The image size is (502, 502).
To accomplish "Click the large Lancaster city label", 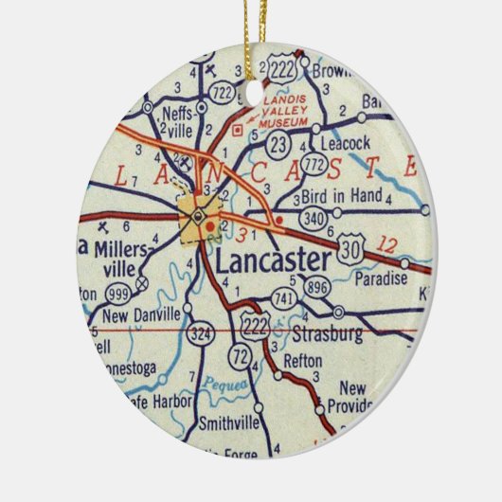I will coord(274,260).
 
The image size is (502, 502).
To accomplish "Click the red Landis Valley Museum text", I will coord(281,110).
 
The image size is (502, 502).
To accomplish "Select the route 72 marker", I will coord(238,358).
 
